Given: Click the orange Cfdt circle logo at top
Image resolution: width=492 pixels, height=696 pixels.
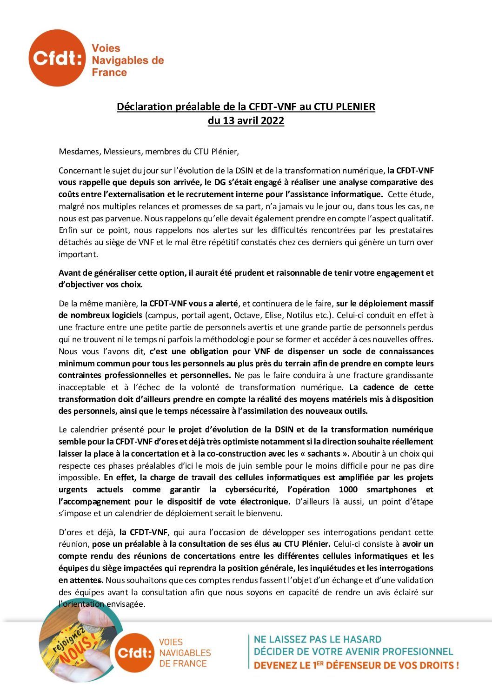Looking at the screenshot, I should (x=57, y=58).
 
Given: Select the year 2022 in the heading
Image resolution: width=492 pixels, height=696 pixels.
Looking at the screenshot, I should (x=272, y=121).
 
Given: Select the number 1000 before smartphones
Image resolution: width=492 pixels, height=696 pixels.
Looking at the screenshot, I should (x=348, y=490).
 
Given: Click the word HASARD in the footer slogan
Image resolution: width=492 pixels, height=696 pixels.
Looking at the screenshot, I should (x=357, y=640).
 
